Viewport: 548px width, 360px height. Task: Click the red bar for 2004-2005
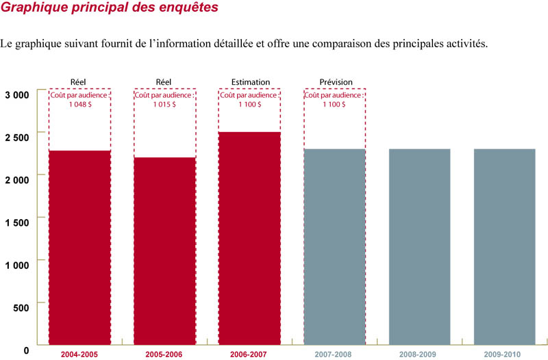click(79, 246)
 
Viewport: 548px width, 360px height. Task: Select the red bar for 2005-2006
click(164, 250)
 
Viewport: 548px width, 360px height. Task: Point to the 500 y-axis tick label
click(21, 307)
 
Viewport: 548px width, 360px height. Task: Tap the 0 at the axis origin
click(26, 350)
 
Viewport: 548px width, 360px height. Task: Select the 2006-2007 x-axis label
click(249, 355)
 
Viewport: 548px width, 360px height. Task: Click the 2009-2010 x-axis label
click(504, 355)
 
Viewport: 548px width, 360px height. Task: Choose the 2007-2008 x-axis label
click(334, 355)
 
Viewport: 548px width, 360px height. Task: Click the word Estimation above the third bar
click(249, 83)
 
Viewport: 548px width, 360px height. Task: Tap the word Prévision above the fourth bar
click(336, 83)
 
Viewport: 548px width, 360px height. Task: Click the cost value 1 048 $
click(79, 105)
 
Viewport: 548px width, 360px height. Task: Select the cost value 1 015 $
click(164, 105)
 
